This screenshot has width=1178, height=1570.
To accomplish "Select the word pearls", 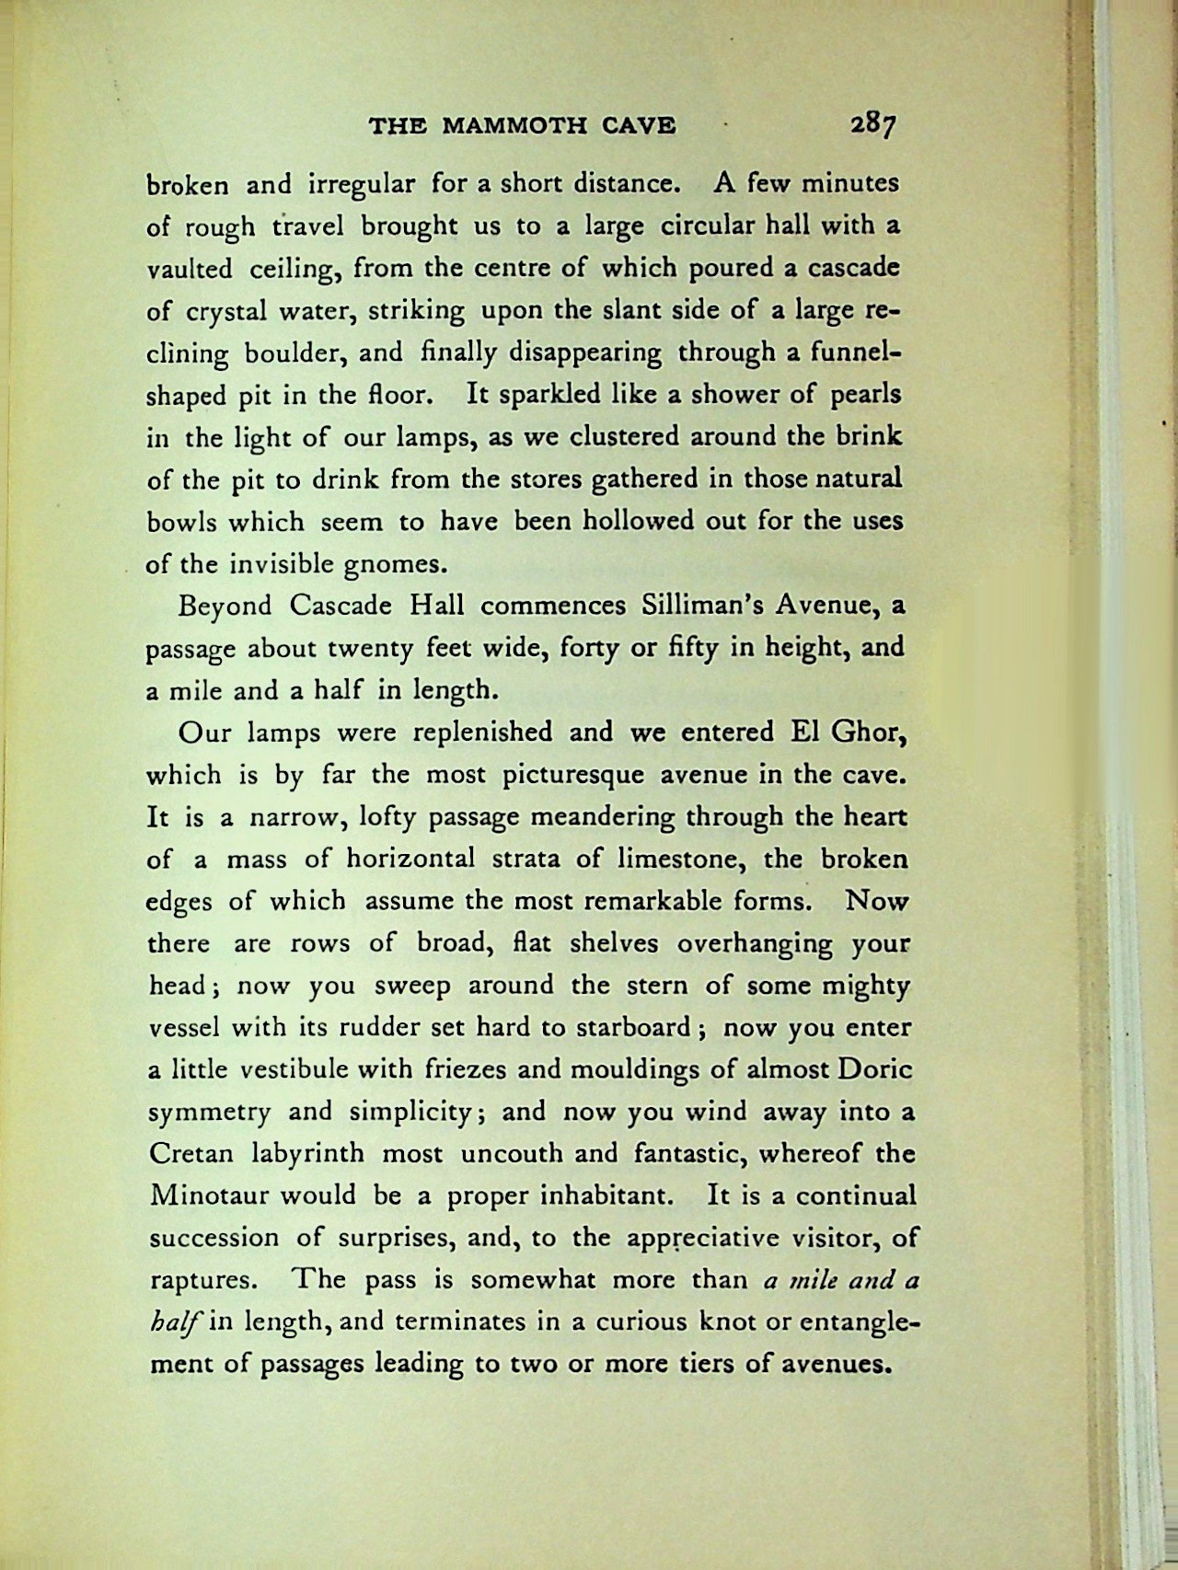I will tap(865, 395).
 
